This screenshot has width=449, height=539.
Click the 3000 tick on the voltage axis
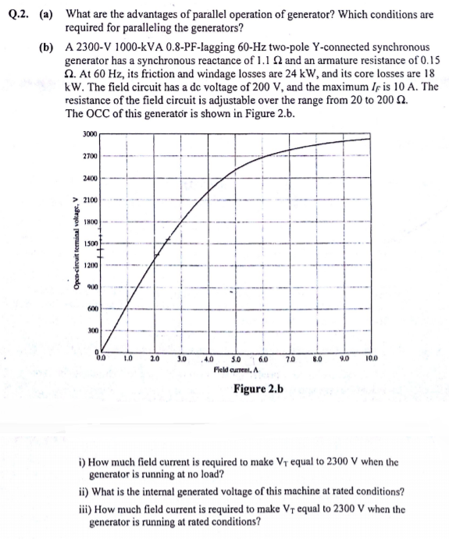point(88,134)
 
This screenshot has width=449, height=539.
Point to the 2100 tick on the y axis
point(88,200)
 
